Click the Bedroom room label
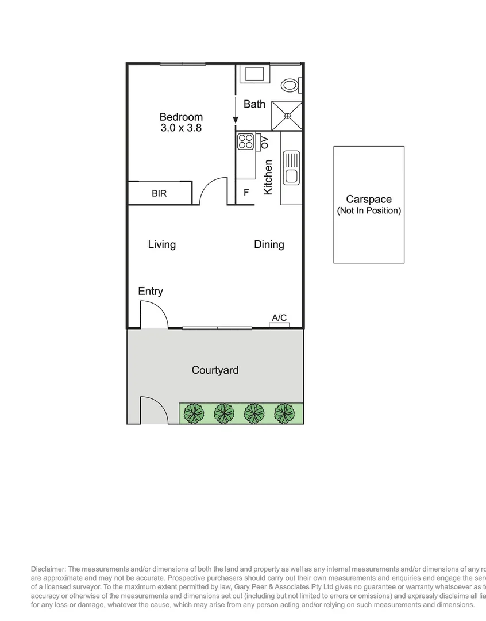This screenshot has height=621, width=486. pos(181,117)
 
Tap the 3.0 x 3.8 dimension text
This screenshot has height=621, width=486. pos(181,128)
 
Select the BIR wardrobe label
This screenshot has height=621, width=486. pos(159,193)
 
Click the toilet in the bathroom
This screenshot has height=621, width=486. pos(291,85)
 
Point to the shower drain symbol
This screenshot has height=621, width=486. pos(287,116)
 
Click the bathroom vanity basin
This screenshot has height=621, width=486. pos(254,74)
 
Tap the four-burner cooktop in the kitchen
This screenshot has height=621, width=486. pos(245,141)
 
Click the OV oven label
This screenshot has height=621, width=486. pos(264,143)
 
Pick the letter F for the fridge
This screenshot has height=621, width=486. pos(246,193)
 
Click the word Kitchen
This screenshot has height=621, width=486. pos(268,177)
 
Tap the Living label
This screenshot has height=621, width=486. pos(161,244)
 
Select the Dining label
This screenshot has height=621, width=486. pos(269,244)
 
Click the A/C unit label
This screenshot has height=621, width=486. pos(279,317)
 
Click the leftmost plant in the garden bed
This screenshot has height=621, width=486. pos(194,413)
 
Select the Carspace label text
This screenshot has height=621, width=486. pos(368,200)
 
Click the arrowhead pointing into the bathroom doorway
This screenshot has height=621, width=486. pos(236,120)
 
